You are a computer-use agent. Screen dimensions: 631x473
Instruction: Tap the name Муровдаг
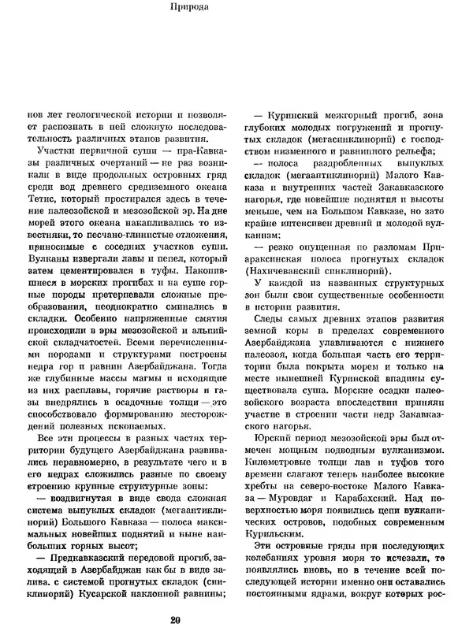tap(298, 522)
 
